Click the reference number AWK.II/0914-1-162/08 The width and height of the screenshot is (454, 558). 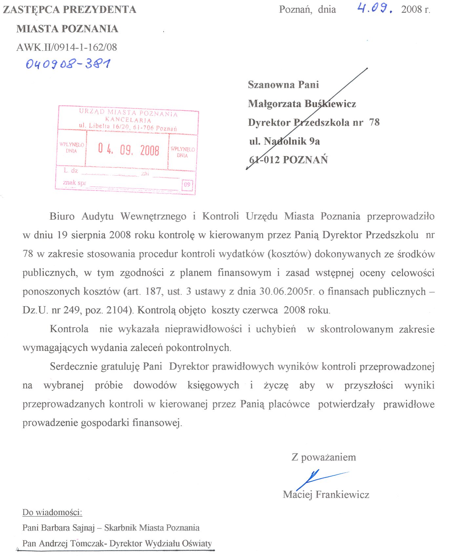[x=67, y=47]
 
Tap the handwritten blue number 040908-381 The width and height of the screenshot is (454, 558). [x=68, y=63]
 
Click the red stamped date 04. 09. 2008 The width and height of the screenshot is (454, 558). [x=128, y=150]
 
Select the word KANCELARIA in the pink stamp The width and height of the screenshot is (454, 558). [x=128, y=120]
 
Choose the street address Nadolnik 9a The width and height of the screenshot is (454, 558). [x=292, y=141]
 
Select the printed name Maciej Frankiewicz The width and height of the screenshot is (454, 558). [x=326, y=494]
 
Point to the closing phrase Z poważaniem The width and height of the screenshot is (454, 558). [x=323, y=457]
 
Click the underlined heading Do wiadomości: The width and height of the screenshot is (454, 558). [x=52, y=512]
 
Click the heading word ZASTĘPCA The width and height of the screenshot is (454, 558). [x=31, y=10]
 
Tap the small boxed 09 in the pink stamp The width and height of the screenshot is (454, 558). [x=187, y=185]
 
